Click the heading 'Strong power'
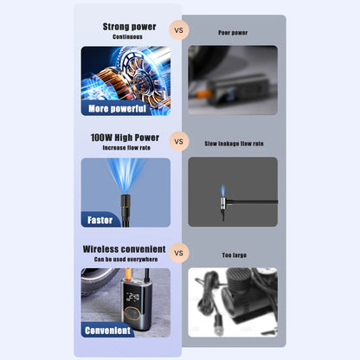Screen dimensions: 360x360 tap(129, 27)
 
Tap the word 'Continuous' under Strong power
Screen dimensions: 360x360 tap(129, 37)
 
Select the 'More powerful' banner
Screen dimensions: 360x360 tap(115, 109)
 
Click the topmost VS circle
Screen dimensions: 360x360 tap(180, 29)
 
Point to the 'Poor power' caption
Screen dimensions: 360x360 tap(233, 33)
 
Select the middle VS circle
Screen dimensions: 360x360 tap(180, 140)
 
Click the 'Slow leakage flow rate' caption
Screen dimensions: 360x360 tap(233, 144)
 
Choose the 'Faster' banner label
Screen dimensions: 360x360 tap(100, 220)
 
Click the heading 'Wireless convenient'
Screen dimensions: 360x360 tap(125, 248)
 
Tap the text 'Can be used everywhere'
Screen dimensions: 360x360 tap(125, 259)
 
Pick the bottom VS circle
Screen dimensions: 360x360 tap(180, 254)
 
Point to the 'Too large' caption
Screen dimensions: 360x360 tap(233, 255)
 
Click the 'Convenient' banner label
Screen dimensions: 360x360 tap(108, 330)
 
